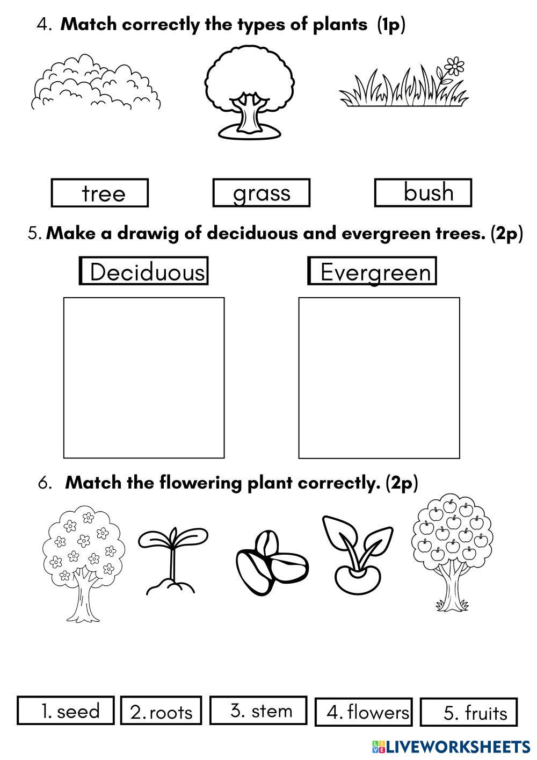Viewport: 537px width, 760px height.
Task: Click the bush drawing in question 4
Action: point(96,83)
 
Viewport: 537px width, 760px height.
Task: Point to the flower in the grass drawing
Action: point(454,66)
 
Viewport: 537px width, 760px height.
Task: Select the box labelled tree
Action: point(99,193)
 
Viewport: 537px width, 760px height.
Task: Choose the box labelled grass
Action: point(262,193)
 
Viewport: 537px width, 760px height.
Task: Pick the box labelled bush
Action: point(423,193)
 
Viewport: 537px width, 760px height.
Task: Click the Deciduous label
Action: point(144,271)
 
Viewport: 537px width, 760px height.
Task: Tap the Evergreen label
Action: point(372,271)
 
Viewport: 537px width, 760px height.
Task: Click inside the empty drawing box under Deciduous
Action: point(144,377)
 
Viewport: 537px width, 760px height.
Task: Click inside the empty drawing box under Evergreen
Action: point(379,377)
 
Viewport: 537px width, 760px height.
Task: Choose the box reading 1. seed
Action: point(66,711)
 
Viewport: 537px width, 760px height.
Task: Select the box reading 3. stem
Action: point(258,711)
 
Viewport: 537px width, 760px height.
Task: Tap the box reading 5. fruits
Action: point(469,713)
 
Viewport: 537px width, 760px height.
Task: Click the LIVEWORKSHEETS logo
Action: point(451,747)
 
